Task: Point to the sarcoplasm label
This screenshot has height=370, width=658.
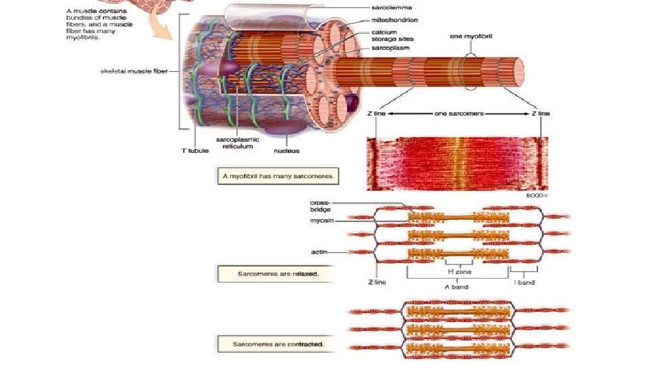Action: [391, 49]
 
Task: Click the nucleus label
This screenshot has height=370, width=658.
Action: [287, 151]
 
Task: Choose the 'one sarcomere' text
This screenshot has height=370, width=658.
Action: [459, 114]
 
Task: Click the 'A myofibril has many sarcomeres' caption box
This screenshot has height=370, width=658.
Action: [278, 176]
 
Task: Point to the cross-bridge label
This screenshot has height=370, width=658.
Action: [319, 206]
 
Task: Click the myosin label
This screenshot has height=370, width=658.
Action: [321, 220]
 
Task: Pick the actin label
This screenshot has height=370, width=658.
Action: [319, 252]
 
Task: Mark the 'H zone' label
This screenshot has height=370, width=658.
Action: [459, 271]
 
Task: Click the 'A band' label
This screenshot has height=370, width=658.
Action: [456, 287]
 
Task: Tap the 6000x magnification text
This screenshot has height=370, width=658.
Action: [539, 195]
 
